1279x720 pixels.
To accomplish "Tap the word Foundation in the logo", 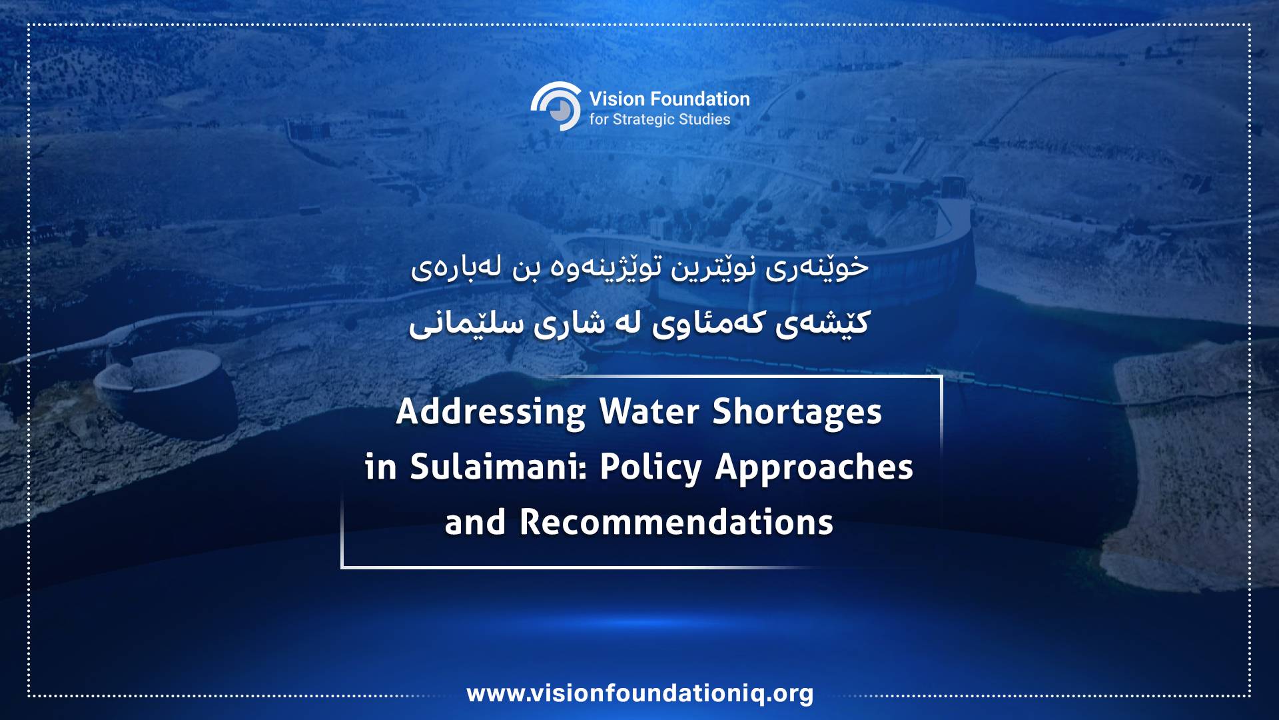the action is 700,99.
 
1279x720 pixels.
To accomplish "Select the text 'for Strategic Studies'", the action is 659,119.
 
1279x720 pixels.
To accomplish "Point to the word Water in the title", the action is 649,411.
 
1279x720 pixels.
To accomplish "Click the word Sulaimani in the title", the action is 498,467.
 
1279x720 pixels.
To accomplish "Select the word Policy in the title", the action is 651,468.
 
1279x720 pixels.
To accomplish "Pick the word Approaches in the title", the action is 814,468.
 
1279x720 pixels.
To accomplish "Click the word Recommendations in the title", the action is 676,522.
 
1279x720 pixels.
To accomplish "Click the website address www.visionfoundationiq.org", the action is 640,693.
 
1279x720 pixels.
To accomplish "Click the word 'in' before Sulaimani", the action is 380,467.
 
